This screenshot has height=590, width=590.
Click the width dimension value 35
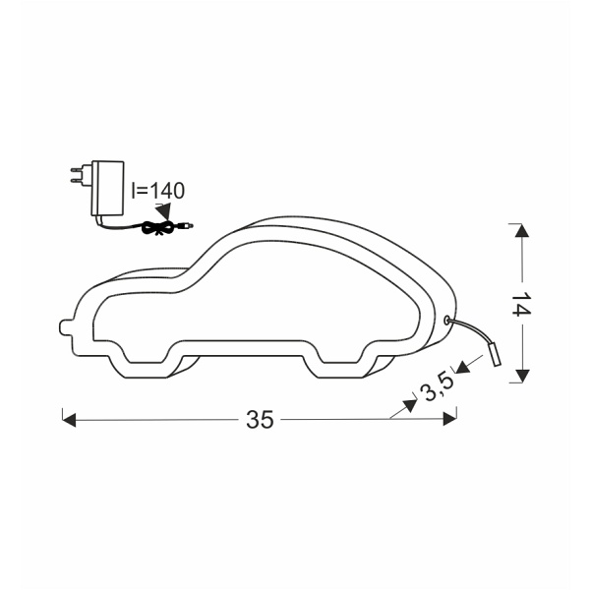[x=260, y=420]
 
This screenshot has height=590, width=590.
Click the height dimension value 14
[x=520, y=304]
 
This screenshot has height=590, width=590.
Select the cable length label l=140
[x=156, y=191]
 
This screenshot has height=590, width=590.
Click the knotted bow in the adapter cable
[x=155, y=227]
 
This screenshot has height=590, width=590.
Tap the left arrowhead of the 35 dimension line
[x=69, y=420]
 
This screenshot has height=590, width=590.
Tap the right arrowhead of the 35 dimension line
[x=450, y=420]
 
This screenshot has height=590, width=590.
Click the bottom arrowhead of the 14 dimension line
[x=520, y=375]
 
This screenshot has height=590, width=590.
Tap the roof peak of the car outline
[x=295, y=218]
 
